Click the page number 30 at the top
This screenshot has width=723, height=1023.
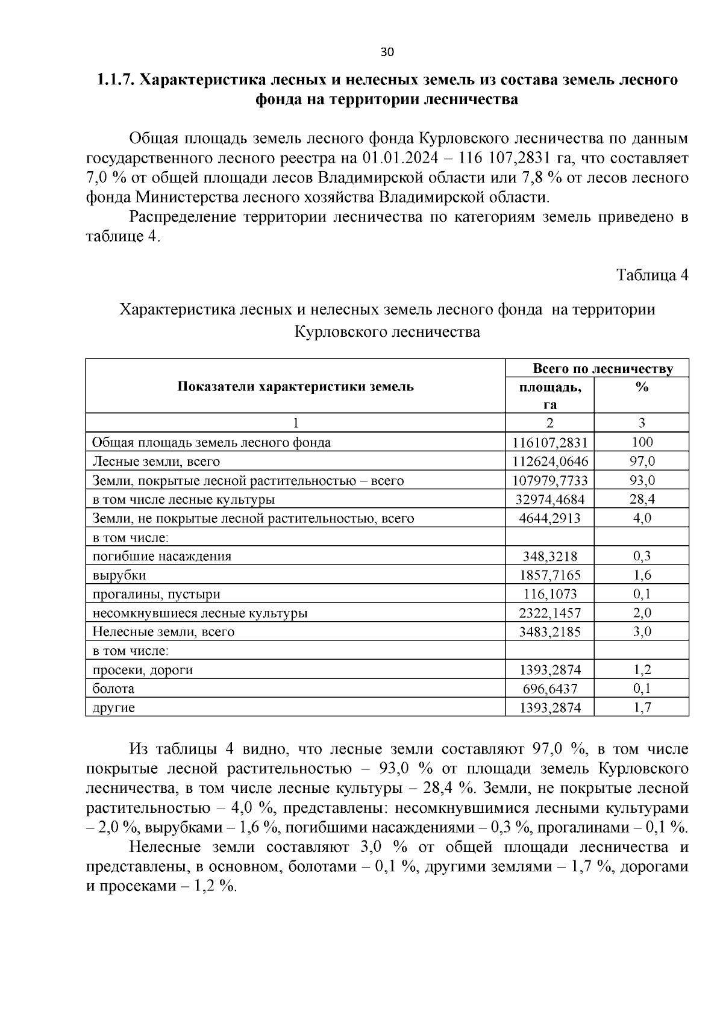[387, 52]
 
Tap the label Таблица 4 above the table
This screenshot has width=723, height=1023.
[652, 275]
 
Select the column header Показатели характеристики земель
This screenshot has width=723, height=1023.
[295, 387]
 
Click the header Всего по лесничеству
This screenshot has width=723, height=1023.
[602, 369]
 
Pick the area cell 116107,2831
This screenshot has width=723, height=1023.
[549, 443]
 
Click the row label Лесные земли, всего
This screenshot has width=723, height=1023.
[156, 462]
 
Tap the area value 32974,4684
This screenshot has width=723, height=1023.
[549, 500]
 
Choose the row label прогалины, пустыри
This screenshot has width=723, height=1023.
[156, 595]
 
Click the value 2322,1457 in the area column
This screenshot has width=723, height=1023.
[549, 613]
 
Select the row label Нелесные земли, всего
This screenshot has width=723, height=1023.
[163, 633]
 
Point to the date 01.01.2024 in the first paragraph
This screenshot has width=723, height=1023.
[400, 158]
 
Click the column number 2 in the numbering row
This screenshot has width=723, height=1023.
[549, 423]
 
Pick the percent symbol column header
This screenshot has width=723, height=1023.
[642, 388]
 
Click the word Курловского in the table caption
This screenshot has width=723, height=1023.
[341, 332]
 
